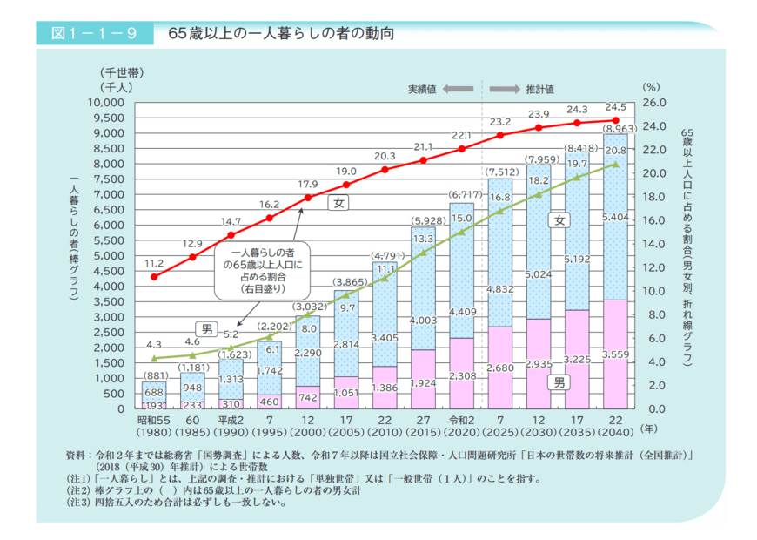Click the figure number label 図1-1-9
click(x=87, y=34)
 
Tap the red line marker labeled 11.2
click(x=154, y=277)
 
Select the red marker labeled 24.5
click(x=615, y=120)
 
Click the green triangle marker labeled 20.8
click(x=615, y=164)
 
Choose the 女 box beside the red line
click(x=338, y=203)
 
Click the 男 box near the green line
click(x=207, y=328)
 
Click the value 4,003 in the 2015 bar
click(x=423, y=321)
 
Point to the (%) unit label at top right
click(x=652, y=87)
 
